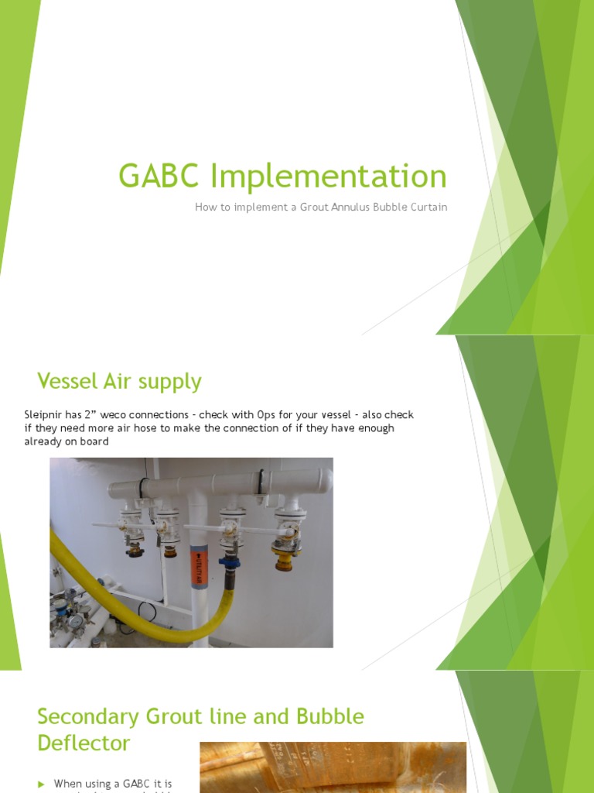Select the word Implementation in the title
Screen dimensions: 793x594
329,177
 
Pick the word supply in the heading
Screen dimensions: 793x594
170,382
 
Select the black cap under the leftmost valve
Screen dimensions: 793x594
135,551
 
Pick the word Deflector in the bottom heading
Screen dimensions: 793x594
84,743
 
